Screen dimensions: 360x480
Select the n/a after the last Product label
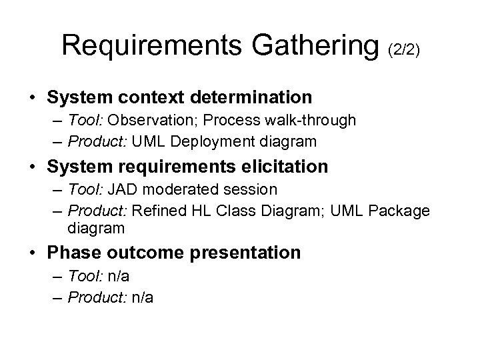coord(143,298)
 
